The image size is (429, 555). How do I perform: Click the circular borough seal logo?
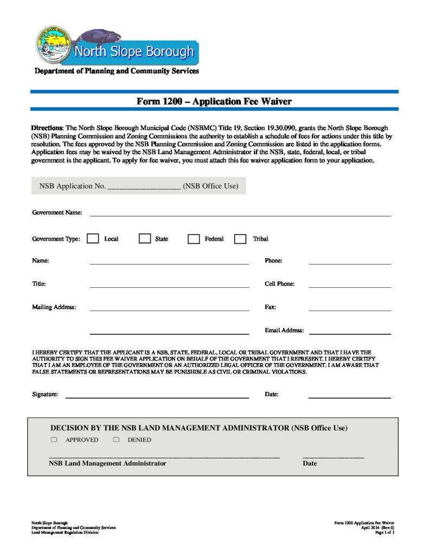53,44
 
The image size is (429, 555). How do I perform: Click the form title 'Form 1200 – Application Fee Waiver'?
214,101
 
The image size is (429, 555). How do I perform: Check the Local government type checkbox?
93,238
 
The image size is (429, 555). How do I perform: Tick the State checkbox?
144,238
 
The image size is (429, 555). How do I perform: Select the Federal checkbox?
194,239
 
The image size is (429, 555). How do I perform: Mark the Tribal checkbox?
240,239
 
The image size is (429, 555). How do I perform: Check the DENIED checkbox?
116,440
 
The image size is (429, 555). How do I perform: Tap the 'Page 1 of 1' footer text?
385,533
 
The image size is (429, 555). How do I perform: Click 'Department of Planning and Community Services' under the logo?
117,71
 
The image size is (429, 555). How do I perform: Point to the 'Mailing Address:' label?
54,307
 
